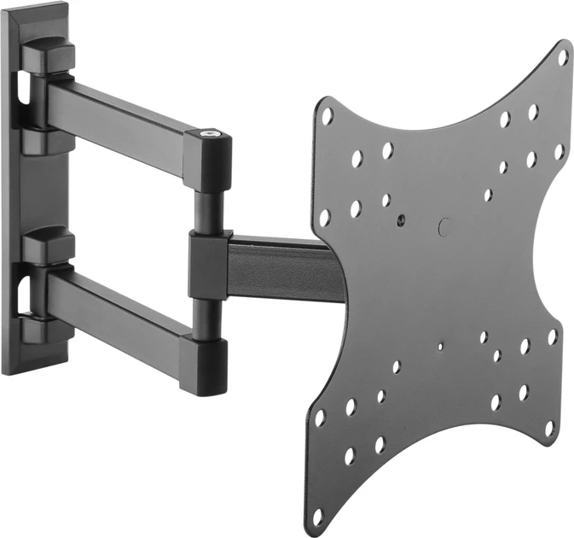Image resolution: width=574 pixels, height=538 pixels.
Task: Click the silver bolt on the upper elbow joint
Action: pyautogui.click(x=210, y=134)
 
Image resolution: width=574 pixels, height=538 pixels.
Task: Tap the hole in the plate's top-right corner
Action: pyautogui.click(x=563, y=58)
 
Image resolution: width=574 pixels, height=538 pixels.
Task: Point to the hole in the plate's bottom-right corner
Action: pyautogui.click(x=549, y=426)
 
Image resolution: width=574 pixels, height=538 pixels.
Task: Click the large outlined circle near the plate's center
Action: pyautogui.click(x=443, y=228)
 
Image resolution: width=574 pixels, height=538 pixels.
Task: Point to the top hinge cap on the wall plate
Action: pyautogui.click(x=48, y=56)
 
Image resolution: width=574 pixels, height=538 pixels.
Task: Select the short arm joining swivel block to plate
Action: pyautogui.click(x=281, y=269)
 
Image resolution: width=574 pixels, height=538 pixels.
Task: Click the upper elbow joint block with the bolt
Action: pyautogui.click(x=208, y=158)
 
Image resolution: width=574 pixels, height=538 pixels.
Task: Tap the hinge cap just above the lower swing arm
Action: pyautogui.click(x=48, y=247)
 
